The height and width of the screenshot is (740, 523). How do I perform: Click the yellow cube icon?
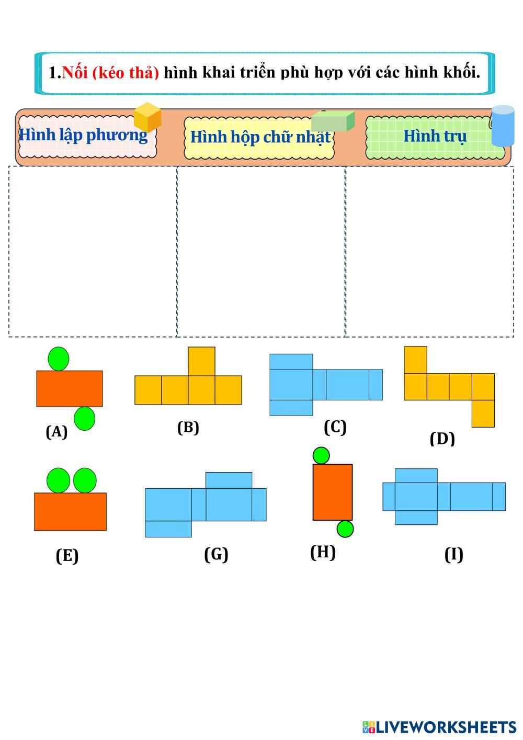tap(147, 117)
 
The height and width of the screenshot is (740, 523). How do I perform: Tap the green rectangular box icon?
tap(333, 120)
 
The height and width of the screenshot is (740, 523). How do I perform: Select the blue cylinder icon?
tap(503, 126)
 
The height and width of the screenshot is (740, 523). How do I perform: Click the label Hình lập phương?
tap(83, 136)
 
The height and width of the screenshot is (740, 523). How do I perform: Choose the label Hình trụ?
tap(435, 136)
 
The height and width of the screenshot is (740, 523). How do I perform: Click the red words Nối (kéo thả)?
tap(110, 72)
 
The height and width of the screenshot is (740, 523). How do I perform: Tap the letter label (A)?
tap(56, 432)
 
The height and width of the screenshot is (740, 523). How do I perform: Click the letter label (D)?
tap(442, 439)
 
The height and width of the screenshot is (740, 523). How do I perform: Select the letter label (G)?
tap(217, 554)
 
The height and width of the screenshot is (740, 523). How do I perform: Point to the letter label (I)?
tap(453, 554)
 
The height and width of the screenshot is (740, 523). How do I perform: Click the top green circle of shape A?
tap(59, 359)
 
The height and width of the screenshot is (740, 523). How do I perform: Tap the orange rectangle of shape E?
tap(70, 512)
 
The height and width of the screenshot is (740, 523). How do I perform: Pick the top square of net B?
tap(201, 361)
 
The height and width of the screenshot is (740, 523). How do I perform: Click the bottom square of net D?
tap(483, 413)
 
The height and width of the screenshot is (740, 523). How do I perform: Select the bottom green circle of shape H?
tap(345, 529)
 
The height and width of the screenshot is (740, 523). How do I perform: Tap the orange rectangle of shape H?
tap(333, 492)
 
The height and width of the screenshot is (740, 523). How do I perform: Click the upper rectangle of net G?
tap(229, 480)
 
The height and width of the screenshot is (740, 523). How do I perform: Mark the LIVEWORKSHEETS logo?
tap(439, 727)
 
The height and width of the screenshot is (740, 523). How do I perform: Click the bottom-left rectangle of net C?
tap(291, 408)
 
